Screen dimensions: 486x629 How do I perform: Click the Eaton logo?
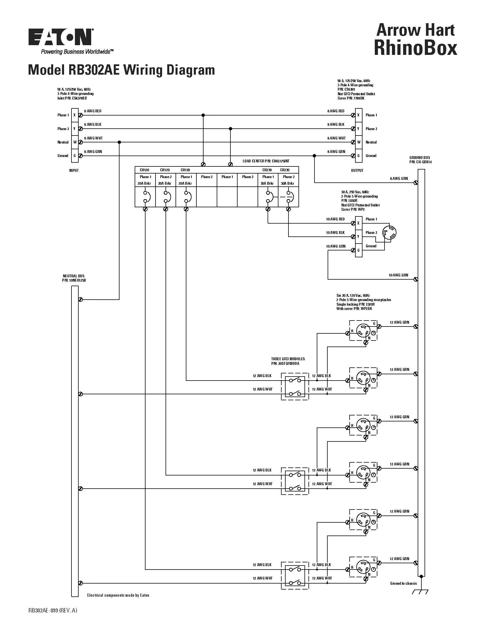pos(60,37)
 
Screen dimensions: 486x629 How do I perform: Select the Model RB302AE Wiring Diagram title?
pos(121,70)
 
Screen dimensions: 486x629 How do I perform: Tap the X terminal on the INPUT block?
pos(75,115)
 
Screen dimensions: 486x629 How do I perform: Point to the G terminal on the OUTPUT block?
pos(358,156)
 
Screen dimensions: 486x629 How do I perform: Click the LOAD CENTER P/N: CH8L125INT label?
pos(266,161)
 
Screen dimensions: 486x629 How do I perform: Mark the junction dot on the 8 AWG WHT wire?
pos(119,142)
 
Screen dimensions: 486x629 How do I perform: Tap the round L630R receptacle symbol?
pos(389,232)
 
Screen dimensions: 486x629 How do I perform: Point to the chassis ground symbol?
pos(420,592)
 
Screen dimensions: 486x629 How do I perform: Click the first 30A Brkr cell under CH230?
pos(268,184)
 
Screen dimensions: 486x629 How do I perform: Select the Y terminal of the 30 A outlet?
pos(358,237)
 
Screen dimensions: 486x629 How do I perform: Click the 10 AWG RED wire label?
pos(335,219)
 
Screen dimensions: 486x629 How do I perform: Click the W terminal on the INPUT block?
pos(75,142)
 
